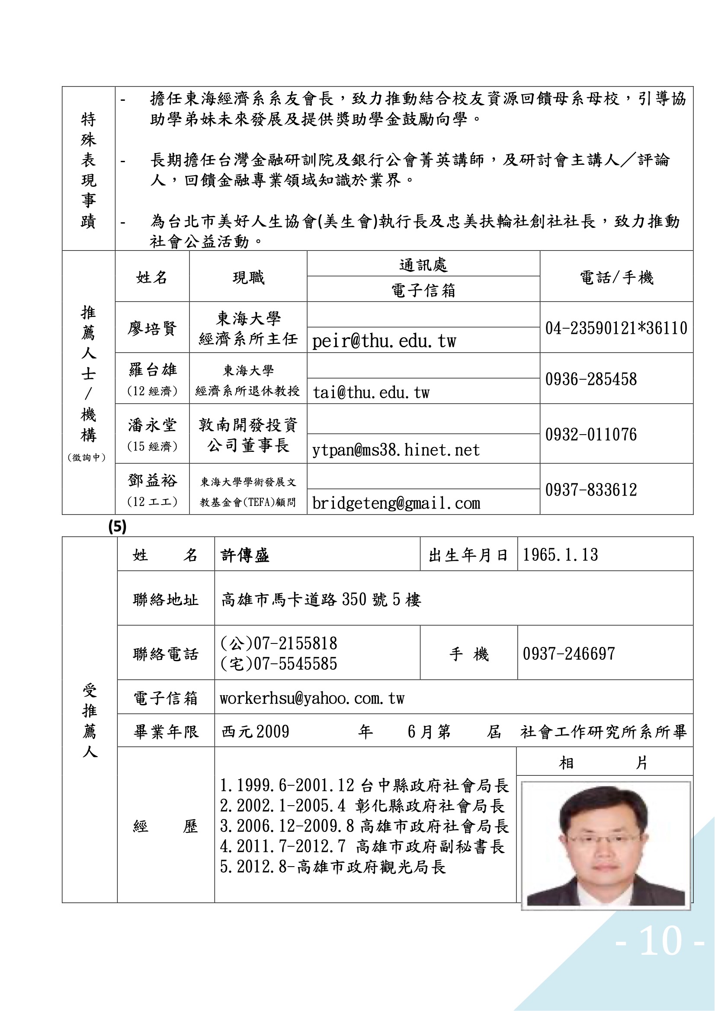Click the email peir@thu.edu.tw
coord(384,341)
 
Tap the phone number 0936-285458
coord(591,379)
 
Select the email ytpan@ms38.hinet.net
coord(396,450)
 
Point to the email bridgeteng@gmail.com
coord(396,503)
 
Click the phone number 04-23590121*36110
coord(616,328)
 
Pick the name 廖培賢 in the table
coord(152,328)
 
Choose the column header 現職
coord(248,278)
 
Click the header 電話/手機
coord(616,278)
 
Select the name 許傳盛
coord(245,555)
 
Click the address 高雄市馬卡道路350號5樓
coord(321,599)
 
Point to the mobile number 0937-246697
coord(568,654)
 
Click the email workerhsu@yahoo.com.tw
coord(312,698)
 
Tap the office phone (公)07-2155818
coord(279,643)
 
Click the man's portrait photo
coord(605,845)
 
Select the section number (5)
coord(117,526)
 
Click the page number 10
coord(660,941)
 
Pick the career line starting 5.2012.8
coord(333,867)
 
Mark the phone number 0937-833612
coord(591,490)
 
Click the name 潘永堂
coord(152,426)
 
